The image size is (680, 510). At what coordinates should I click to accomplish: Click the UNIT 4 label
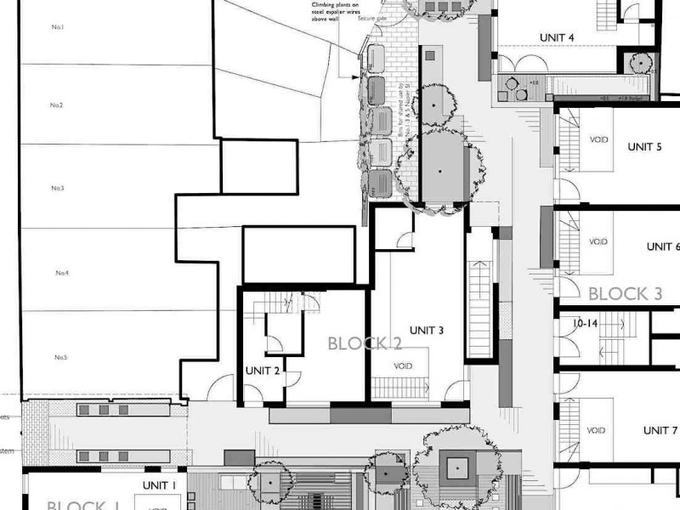tap(558, 37)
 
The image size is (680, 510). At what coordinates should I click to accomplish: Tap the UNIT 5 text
tap(645, 146)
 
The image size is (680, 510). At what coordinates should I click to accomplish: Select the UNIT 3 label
tap(427, 330)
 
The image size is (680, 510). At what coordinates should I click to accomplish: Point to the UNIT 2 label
tap(263, 371)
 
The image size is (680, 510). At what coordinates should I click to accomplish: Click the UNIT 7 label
tap(660, 430)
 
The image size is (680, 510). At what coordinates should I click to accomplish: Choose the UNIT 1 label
tap(159, 485)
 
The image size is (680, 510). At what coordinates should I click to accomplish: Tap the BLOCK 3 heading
tap(625, 294)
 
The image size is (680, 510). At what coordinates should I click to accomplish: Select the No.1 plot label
tap(58, 27)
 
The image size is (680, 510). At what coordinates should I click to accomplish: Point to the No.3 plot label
tap(58, 188)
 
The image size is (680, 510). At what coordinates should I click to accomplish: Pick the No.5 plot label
tap(61, 357)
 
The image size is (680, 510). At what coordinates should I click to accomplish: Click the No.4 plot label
tap(62, 273)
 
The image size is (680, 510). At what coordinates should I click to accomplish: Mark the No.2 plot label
tap(57, 105)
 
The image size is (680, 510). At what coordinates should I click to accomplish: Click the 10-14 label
tap(586, 325)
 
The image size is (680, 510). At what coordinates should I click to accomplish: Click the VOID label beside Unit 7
tap(598, 430)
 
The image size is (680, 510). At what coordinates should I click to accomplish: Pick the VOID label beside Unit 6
tap(598, 241)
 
